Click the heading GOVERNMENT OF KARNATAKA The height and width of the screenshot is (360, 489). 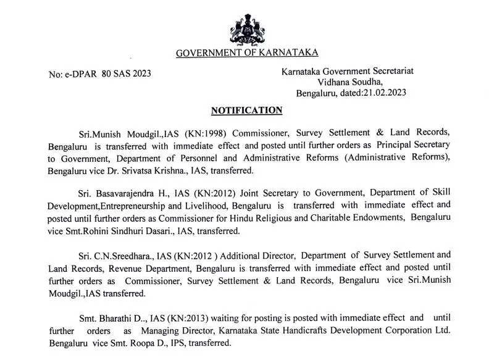[x=247, y=53]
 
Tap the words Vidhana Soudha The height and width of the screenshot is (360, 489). [x=350, y=82]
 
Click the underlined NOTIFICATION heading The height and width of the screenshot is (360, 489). [x=246, y=111]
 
